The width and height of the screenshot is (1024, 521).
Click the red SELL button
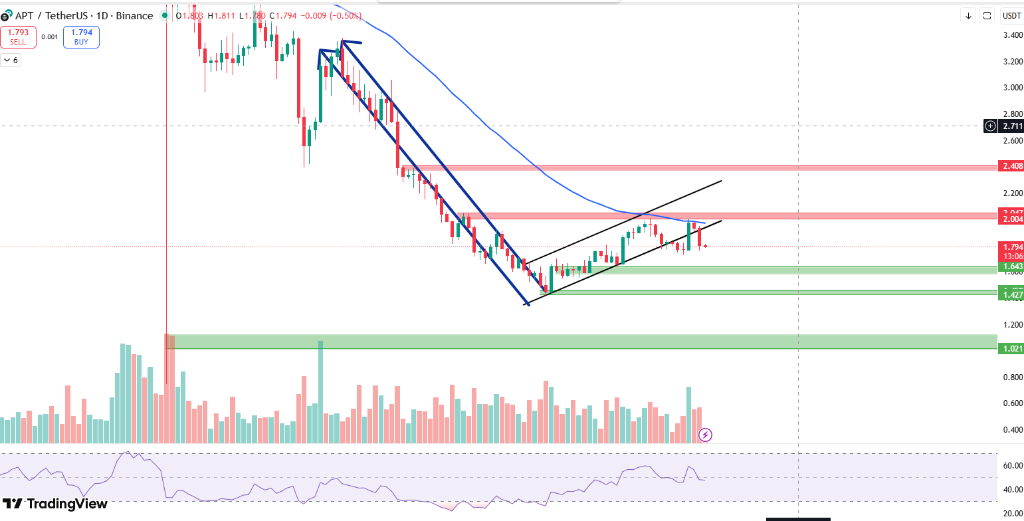[18, 37]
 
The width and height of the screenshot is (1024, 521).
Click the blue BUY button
[81, 37]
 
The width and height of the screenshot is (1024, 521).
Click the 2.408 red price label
[1011, 165]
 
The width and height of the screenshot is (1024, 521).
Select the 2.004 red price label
[1011, 219]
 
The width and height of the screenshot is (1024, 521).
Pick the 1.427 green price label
[1011, 294]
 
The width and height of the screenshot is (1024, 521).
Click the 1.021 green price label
[1011, 348]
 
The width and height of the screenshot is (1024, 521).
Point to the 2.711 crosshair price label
[1012, 126]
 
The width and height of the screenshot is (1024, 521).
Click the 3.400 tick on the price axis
[1011, 35]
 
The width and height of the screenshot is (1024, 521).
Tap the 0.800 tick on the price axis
[1011, 377]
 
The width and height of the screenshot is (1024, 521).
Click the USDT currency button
[1011, 15]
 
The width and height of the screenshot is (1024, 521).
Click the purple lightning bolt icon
[706, 435]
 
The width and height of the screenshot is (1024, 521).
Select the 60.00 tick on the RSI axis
[1011, 466]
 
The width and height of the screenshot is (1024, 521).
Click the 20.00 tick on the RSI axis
[1011, 514]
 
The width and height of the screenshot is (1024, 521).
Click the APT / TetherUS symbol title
[44, 15]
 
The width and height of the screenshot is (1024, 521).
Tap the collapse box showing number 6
[11, 60]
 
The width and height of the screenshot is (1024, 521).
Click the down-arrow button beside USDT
[969, 15]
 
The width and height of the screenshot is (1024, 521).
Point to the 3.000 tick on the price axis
[1011, 88]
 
